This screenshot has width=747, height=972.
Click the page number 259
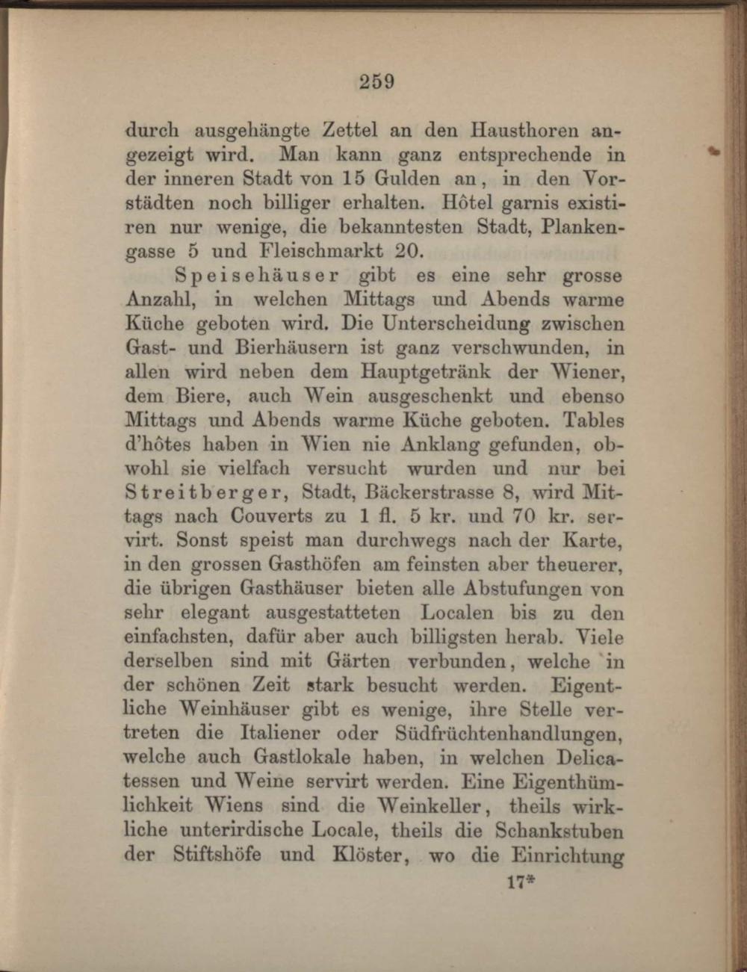[376, 81]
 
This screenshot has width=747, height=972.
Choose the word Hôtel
[465, 203]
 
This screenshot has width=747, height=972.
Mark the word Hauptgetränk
[426, 371]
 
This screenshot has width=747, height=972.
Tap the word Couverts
[272, 517]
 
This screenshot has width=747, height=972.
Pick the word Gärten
[358, 661]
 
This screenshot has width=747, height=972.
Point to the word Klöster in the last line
[364, 854]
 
